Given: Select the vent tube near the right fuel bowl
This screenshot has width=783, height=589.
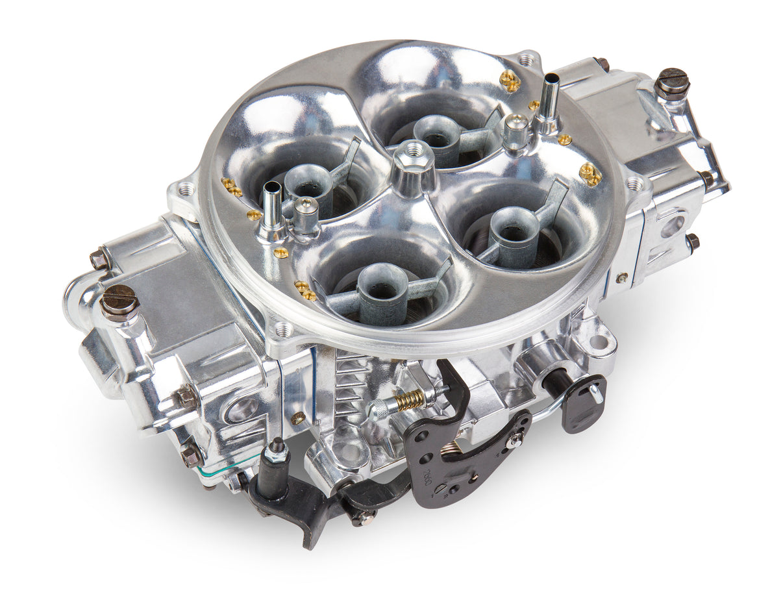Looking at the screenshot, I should point(549,96).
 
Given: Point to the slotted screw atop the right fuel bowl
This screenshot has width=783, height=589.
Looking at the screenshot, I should point(671,82).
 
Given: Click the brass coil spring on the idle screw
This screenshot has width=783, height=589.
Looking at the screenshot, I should point(410,399).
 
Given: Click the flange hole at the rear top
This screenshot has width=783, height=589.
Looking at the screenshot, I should point(527,60).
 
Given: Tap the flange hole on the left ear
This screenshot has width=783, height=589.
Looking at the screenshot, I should point(186,189).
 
